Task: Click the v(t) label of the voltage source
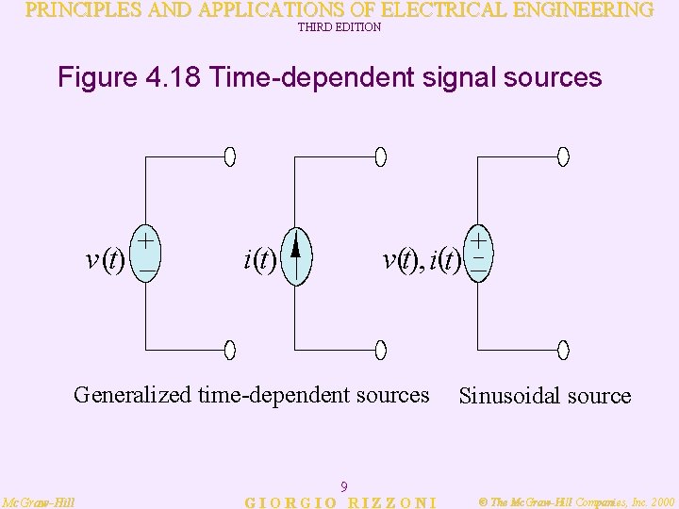105,260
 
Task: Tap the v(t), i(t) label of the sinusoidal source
421,260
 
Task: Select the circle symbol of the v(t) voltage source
146,253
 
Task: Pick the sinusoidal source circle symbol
479,253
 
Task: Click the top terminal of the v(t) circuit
230,156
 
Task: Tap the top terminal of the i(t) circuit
380,156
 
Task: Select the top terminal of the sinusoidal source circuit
563,156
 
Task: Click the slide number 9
344,486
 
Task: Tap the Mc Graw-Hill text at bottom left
39,501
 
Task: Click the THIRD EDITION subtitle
339,27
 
